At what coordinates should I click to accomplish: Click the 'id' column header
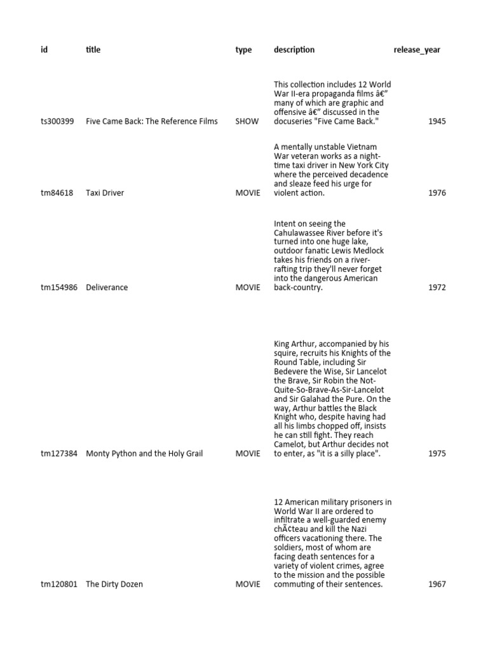44,50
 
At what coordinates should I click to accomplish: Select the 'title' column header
93,50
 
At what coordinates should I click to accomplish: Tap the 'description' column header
294,50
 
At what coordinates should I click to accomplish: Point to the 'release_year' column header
417,50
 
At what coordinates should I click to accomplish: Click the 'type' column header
243,50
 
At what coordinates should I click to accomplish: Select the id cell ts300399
57,121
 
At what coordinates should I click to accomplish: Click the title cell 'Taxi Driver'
105,193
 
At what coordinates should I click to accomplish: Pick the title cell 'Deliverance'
107,288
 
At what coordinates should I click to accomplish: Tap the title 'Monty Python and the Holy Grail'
144,454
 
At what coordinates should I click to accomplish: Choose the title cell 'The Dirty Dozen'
114,585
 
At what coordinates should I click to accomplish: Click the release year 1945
437,121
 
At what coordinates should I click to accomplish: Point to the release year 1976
437,193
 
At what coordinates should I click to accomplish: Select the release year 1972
437,288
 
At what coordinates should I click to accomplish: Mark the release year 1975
437,454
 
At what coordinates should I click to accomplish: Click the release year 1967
437,585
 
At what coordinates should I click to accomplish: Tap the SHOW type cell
247,121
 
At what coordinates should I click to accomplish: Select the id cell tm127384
59,454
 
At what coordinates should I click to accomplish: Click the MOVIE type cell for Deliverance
248,288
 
